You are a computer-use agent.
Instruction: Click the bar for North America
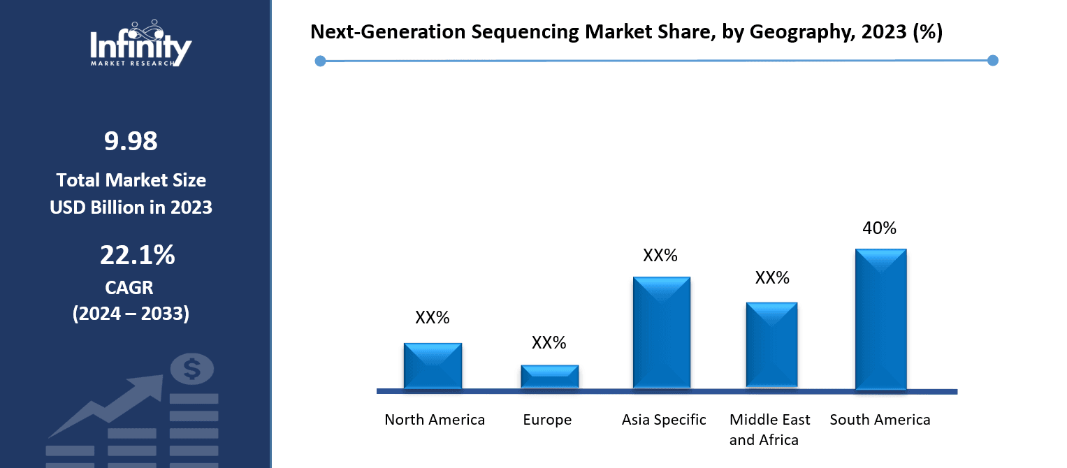point(433,366)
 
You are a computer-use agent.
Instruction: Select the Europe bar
point(549,376)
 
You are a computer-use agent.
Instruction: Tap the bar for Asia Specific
point(661,332)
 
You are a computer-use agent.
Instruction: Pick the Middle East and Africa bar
point(771,344)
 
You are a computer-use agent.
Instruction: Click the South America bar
point(880,319)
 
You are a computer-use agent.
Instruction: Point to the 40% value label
point(880,228)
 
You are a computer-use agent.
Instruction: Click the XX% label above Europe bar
point(549,343)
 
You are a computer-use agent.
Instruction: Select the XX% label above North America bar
point(433,318)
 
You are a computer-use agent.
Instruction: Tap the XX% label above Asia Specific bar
point(660,256)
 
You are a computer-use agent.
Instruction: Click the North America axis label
point(435,420)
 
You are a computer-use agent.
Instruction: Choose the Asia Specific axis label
point(664,420)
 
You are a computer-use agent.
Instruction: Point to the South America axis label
point(880,420)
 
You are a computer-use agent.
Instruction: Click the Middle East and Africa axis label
point(770,430)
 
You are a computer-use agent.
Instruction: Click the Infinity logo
point(140,43)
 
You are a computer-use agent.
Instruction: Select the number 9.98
point(131,142)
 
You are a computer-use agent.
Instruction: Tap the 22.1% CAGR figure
point(137,256)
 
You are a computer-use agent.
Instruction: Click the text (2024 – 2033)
point(131,314)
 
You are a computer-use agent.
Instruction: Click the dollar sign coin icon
point(192,369)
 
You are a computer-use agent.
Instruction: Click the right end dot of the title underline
point(992,61)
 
